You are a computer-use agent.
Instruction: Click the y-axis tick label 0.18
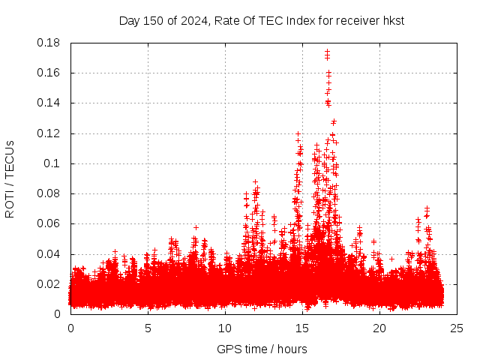(x=49, y=43)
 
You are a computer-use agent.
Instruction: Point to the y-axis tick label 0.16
(x=49, y=73)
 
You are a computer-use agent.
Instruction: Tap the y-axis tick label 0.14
(x=49, y=103)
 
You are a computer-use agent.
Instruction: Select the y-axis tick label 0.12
(x=49, y=133)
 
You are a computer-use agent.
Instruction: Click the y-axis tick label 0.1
(x=54, y=163)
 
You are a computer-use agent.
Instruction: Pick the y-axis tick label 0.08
(x=49, y=193)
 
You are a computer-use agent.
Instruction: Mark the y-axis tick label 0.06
(x=49, y=223)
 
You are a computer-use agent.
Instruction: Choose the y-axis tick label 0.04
(x=49, y=254)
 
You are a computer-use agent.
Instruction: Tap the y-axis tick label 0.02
(x=49, y=284)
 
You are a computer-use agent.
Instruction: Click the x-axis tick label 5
(x=148, y=328)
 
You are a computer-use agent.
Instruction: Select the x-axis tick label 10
(x=225, y=328)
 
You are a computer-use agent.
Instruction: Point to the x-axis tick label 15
(x=302, y=328)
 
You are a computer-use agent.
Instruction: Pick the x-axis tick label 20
(x=379, y=328)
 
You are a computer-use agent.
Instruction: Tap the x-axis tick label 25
(x=457, y=328)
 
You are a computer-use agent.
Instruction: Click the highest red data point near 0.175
(x=327, y=51)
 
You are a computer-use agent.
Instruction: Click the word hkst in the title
(x=392, y=20)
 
